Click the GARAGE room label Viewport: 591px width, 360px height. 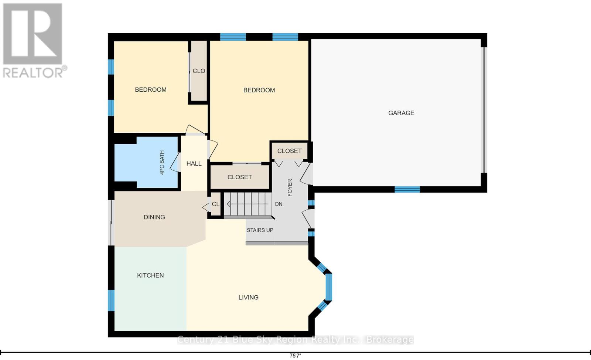(x=401, y=113)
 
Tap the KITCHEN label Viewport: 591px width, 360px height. (x=150, y=275)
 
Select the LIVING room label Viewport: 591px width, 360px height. (x=248, y=298)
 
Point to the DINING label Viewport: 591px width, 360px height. (x=154, y=217)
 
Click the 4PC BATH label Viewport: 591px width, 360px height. (x=162, y=162)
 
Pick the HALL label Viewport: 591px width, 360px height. (x=194, y=164)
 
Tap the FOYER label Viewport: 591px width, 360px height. (x=290, y=188)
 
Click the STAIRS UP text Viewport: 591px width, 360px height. (x=260, y=230)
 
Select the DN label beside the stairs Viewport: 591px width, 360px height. (x=279, y=204)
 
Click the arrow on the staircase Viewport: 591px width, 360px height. (x=248, y=204)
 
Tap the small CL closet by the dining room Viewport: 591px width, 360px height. (x=216, y=204)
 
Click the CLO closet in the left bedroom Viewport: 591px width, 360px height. (x=199, y=71)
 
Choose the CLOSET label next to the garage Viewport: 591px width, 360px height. (x=289, y=151)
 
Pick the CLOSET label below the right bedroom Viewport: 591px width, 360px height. (x=240, y=177)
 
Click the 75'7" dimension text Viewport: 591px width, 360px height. (x=295, y=356)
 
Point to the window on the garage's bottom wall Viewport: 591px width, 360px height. (x=407, y=189)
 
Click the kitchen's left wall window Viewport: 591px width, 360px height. (x=111, y=300)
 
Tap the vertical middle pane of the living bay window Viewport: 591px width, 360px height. (x=328, y=287)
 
